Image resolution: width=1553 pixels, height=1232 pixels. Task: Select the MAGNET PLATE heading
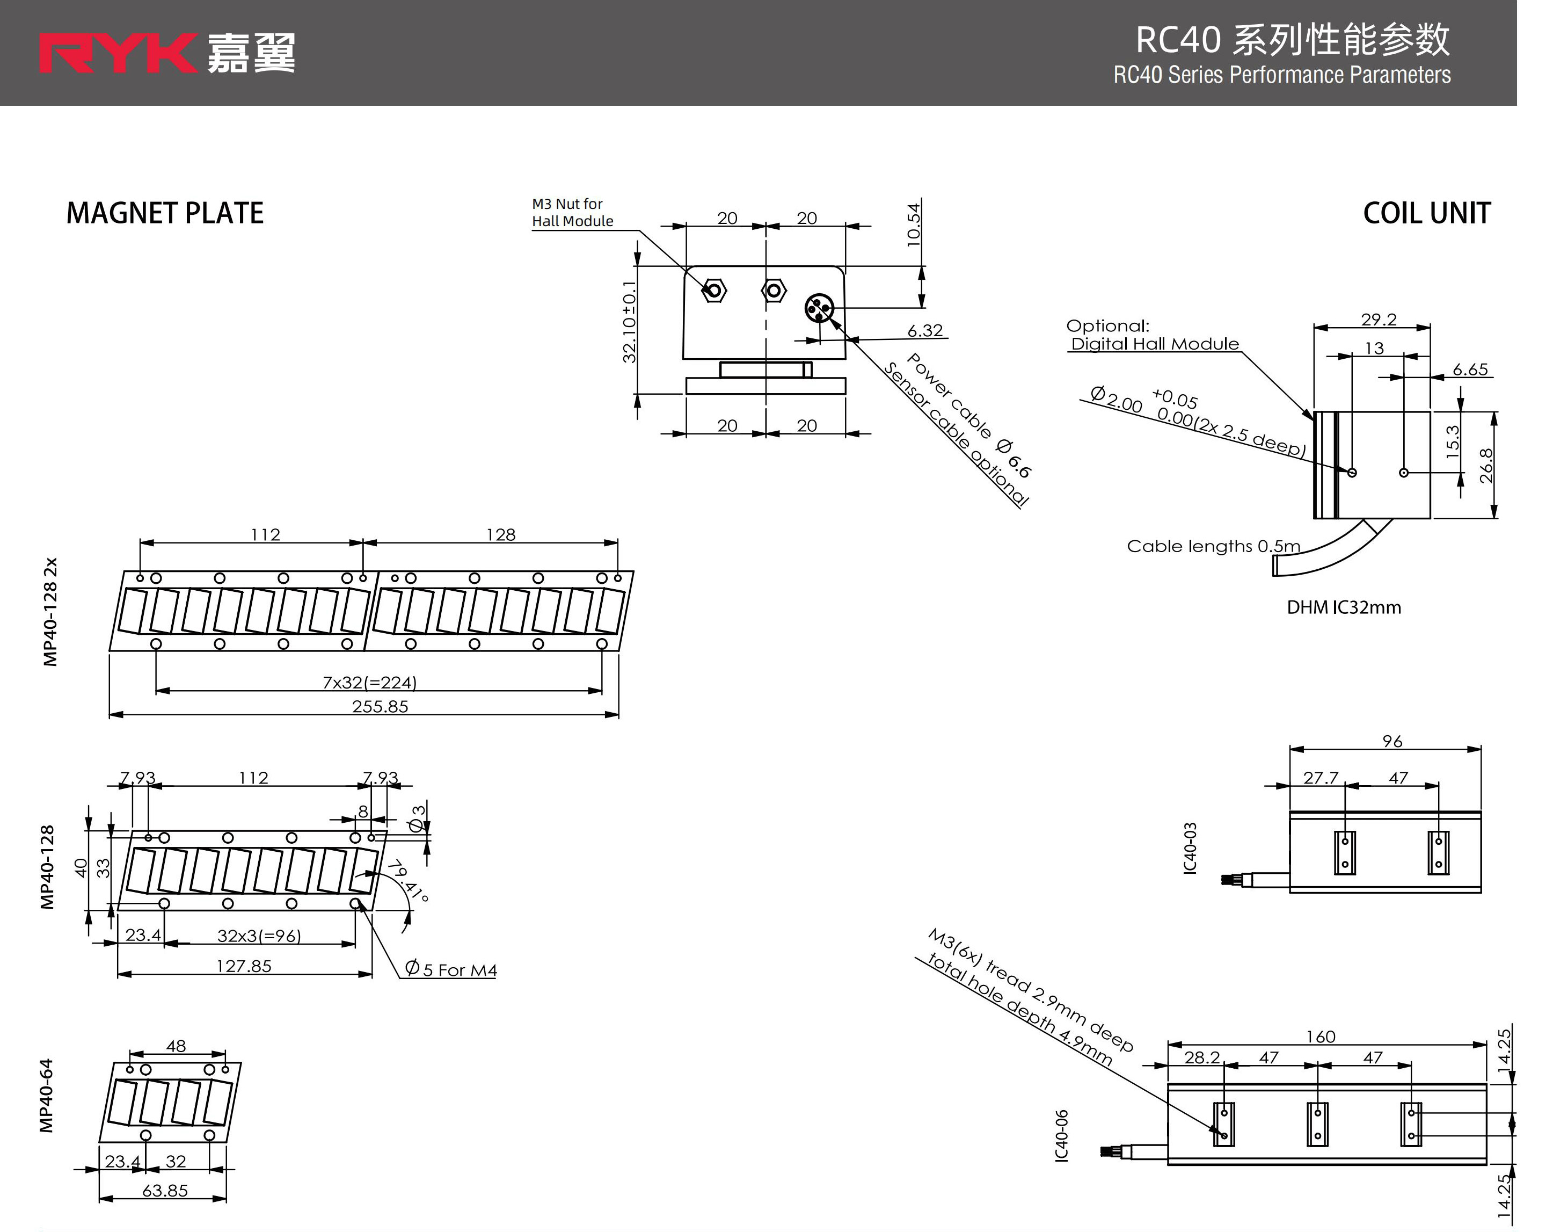tap(165, 213)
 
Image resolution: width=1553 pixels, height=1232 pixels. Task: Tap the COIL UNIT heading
tap(1426, 213)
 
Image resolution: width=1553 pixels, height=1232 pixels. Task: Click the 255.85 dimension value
tap(380, 707)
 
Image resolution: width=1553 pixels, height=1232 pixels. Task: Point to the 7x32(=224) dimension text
tap(369, 682)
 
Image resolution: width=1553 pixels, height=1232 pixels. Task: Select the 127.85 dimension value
tap(244, 966)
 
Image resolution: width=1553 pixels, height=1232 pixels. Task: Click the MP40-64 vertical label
tap(46, 1095)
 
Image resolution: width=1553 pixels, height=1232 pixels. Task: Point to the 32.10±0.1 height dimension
tap(629, 322)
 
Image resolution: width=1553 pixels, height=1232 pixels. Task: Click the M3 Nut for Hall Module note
tap(572, 213)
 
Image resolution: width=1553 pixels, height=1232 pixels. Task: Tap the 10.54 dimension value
tap(913, 225)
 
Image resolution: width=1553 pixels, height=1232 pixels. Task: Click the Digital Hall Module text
tap(1155, 344)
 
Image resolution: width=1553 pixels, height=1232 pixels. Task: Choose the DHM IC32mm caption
tap(1344, 608)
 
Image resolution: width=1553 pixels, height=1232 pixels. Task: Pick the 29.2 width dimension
tap(1378, 319)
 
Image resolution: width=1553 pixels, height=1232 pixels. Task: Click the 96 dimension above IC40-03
tap(1391, 741)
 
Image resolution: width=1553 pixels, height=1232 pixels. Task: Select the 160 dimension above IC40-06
tap(1321, 1037)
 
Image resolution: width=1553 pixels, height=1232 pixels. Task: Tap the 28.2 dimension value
tap(1201, 1057)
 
